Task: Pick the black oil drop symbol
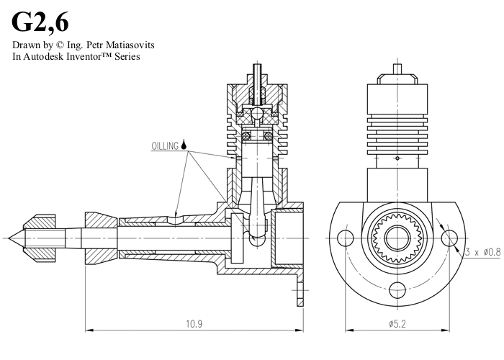pyautogui.click(x=186, y=144)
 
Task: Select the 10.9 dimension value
pyautogui.click(x=193, y=325)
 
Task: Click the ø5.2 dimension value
pyautogui.click(x=399, y=325)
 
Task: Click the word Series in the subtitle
pyautogui.click(x=125, y=56)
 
